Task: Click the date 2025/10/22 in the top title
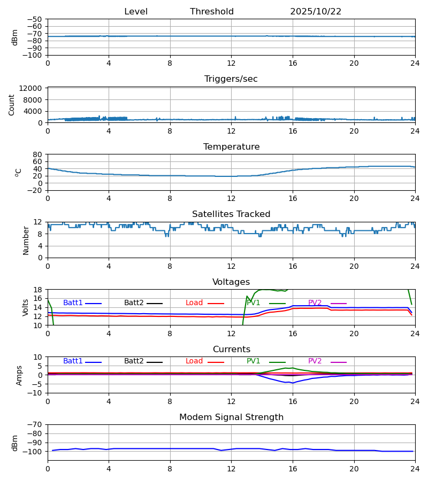(x=316, y=12)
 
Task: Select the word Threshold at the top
(x=212, y=12)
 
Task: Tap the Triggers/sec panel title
(x=231, y=79)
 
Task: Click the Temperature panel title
(x=231, y=147)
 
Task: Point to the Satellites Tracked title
(x=231, y=214)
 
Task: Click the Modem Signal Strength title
(x=231, y=417)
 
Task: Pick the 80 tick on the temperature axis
(x=38, y=154)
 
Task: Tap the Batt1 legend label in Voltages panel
(x=73, y=303)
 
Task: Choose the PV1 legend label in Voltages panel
(x=254, y=303)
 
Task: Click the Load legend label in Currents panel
(x=194, y=361)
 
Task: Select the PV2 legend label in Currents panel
(x=315, y=361)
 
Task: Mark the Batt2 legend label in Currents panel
(x=134, y=361)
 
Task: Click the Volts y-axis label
(x=26, y=307)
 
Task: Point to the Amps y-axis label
(x=19, y=375)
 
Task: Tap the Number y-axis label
(x=26, y=240)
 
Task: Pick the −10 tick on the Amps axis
(x=36, y=393)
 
